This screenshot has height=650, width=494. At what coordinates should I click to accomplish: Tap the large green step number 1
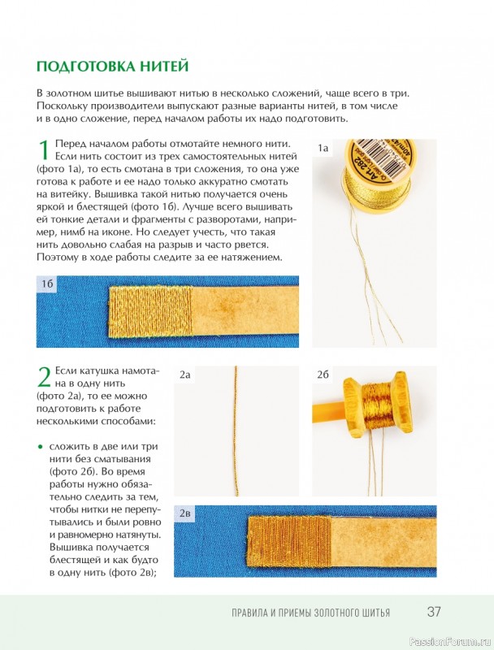click(44, 150)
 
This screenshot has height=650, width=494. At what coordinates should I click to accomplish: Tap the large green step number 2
click(44, 376)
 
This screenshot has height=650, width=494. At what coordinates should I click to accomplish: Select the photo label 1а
click(323, 148)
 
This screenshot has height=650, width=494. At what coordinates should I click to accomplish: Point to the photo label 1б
click(47, 284)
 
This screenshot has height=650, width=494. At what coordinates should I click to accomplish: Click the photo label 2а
click(184, 375)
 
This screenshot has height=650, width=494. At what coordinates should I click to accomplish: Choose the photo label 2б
click(323, 375)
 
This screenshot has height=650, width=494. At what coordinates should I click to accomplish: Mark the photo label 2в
click(184, 513)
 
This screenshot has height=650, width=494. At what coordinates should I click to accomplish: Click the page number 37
click(434, 612)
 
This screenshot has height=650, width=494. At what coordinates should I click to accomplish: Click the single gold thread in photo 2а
click(236, 431)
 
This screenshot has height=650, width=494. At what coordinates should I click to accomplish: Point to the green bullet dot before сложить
click(40, 447)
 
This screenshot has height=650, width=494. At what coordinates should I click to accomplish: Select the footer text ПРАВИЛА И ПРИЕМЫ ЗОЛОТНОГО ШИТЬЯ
click(311, 613)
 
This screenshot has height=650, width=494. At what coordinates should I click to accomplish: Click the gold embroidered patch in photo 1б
click(150, 310)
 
